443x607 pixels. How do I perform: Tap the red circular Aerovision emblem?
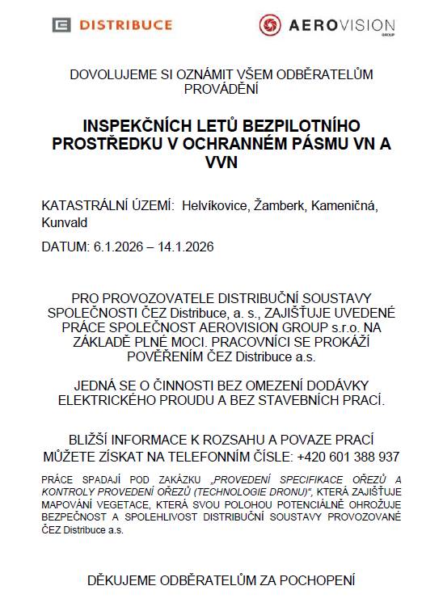pyautogui.click(x=269, y=26)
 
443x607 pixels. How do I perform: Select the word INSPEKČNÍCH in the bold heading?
pyautogui.click(x=137, y=127)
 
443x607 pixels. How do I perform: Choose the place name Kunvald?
pyautogui.click(x=64, y=223)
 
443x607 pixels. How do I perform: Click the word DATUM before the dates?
pyautogui.click(x=61, y=245)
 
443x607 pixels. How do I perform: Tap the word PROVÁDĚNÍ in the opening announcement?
pyautogui.click(x=221, y=88)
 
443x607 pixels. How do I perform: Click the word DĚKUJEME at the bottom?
pyautogui.click(x=124, y=580)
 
